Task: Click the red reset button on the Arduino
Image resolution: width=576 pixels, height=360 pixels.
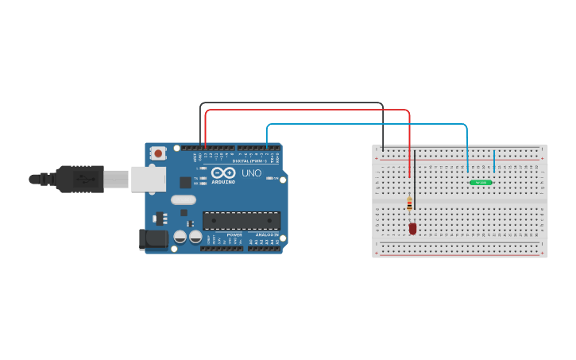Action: [158, 153]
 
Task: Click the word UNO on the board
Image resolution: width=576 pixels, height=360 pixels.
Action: [251, 172]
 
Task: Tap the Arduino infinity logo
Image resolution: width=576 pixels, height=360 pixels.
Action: [223, 172]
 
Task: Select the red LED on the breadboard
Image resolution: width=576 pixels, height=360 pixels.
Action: [412, 229]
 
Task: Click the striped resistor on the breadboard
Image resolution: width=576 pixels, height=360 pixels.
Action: [409, 204]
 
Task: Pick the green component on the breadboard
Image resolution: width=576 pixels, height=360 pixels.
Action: [481, 183]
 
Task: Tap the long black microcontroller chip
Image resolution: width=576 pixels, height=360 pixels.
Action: [242, 220]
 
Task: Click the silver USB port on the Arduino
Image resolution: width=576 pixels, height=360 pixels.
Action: [148, 179]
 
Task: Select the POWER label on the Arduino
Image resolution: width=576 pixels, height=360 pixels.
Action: [234, 235]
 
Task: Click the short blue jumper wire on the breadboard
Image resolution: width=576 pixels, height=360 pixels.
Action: [494, 161]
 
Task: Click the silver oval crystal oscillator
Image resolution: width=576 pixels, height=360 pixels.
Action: [182, 200]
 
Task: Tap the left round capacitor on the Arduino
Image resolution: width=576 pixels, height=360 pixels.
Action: [180, 236]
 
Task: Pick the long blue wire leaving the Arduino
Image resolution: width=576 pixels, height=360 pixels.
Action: [365, 124]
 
